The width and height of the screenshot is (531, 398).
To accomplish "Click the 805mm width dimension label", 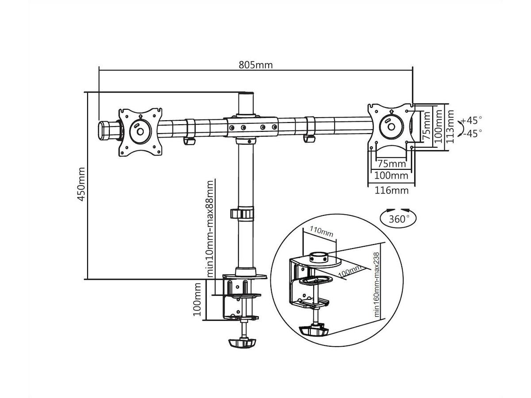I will pos(256,65).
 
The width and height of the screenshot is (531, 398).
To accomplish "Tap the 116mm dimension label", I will pos(391,191).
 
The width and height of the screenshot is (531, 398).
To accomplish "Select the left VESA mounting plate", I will pos(139,131).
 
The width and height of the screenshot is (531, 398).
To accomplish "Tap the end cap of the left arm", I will pos(108,130).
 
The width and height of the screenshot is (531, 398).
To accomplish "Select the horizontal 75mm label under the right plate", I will pos(391,164).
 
